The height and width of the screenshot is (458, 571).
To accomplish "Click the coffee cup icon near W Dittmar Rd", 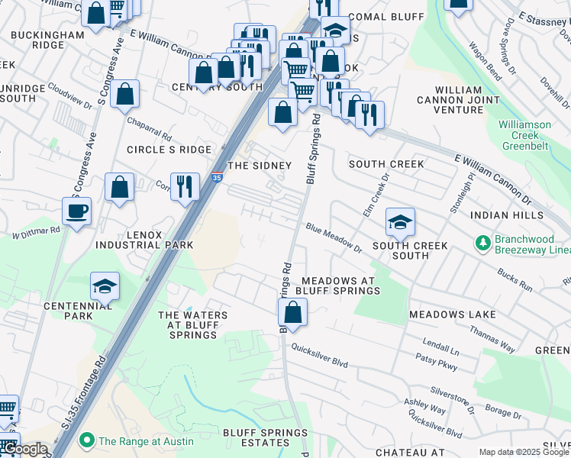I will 76,211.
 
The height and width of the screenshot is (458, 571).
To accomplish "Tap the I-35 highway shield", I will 218,176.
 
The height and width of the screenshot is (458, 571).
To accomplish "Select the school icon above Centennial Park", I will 105,286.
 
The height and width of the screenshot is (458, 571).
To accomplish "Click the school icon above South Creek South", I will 400,221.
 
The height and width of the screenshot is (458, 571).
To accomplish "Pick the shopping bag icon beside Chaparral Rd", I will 124,94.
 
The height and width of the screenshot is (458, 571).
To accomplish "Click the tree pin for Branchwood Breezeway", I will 482,244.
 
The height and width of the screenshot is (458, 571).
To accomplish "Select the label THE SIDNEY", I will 260,166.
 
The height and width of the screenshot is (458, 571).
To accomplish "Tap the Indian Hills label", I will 499,216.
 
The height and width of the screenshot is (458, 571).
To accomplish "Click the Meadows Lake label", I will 452,314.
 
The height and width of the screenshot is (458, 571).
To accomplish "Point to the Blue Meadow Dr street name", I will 334,237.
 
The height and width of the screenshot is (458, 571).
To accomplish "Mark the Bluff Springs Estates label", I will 265,438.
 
